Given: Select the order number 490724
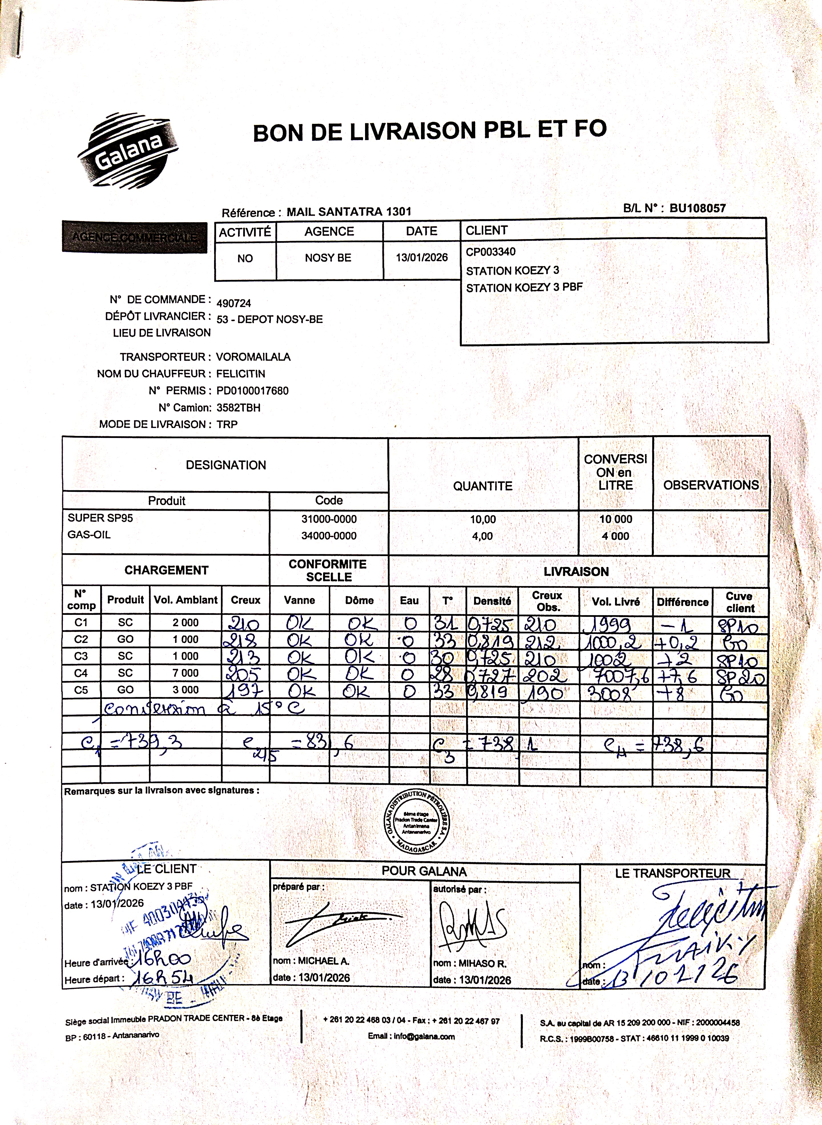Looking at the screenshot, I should pyautogui.click(x=234, y=303).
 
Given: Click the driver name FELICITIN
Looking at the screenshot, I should pyautogui.click(x=241, y=373).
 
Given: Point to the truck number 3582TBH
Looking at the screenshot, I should pyautogui.click(x=238, y=407).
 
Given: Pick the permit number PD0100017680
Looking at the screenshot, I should pyautogui.click(x=252, y=390).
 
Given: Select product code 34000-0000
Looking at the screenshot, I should pyautogui.click(x=329, y=536).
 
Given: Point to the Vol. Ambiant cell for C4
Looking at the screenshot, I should pyautogui.click(x=186, y=672).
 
